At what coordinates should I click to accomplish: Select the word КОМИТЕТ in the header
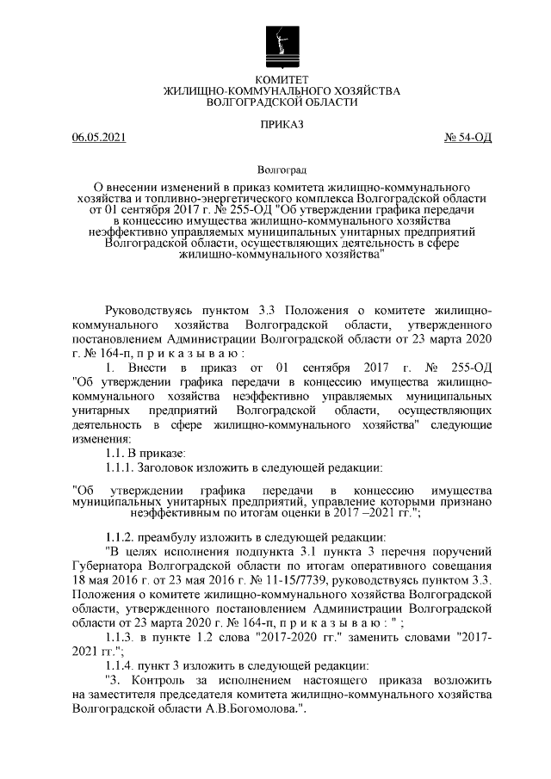tap(275, 79)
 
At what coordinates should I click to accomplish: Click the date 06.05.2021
tap(99, 137)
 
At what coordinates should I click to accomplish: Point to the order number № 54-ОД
tap(467, 137)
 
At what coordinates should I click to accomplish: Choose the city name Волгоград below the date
tap(275, 172)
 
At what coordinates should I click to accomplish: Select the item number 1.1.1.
tap(121, 467)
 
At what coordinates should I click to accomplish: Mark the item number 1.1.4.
tap(121, 669)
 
